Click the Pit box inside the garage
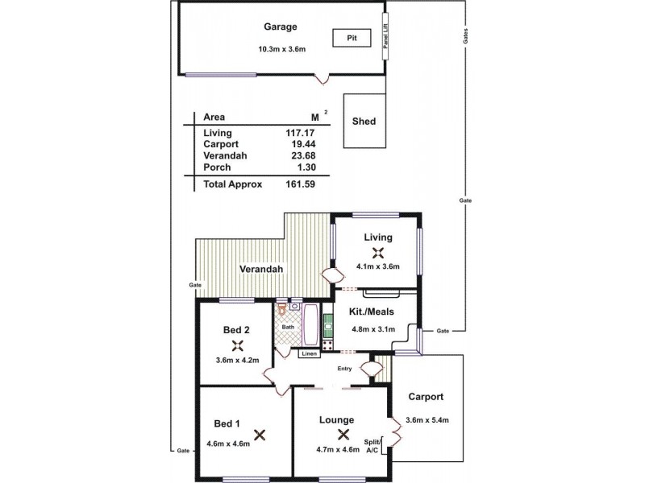tap(352, 38)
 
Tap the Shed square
tap(364, 122)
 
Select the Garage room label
tap(281, 27)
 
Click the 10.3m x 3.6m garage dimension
tap(281, 49)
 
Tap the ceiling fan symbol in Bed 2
tap(236, 345)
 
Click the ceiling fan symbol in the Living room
tap(377, 251)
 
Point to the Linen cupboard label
tap(308, 353)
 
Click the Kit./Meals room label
tap(372, 311)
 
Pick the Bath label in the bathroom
tap(287, 327)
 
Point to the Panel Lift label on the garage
tap(385, 37)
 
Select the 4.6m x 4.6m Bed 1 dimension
tap(228, 444)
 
